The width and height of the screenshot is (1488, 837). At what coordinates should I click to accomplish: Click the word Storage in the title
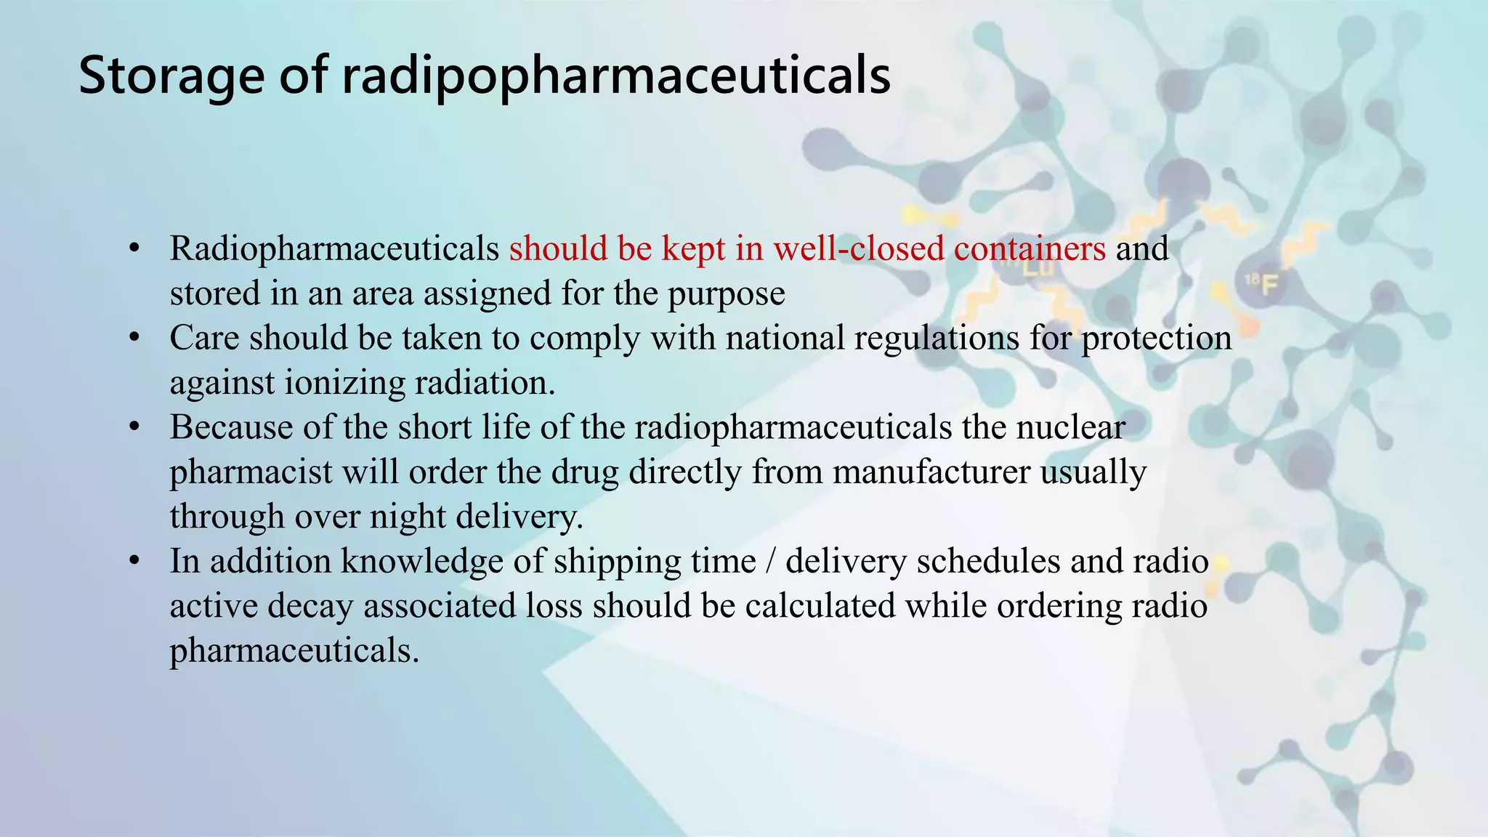(171, 76)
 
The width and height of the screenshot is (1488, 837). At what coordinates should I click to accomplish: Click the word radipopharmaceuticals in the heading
(616, 76)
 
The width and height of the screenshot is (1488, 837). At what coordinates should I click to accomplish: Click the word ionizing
(344, 383)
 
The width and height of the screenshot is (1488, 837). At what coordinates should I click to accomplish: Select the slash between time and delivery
(771, 562)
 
